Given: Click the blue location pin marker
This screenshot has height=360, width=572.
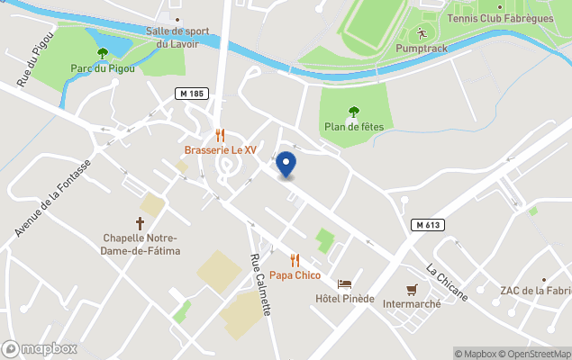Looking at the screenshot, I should pos(286,164).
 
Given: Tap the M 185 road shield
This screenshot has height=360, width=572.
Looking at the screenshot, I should pos(192,94).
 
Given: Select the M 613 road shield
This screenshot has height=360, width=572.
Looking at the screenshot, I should pos(429,224).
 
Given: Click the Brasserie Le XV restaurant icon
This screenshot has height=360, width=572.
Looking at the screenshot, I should pos(220,135).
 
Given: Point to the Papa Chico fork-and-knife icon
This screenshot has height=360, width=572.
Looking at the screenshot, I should pos(295,260).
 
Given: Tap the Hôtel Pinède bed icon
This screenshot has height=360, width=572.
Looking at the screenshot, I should pos(344,283).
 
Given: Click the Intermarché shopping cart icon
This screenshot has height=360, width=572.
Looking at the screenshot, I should pos(413,289).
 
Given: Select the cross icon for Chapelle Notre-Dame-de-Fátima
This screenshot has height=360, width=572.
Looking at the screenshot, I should pos(141,222).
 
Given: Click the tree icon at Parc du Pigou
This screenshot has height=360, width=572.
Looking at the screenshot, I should pos(103,54).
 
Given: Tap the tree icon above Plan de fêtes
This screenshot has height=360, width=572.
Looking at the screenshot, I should pos(354,112).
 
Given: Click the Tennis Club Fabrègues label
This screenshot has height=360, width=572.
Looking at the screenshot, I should pos(488,19).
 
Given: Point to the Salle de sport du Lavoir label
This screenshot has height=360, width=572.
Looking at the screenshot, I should pos(177,36).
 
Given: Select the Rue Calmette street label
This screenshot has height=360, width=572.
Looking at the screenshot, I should pos(260,284).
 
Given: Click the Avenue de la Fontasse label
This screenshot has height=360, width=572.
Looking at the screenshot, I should pos(53,199).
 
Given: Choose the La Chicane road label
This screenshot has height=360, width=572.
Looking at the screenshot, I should pos(447,282).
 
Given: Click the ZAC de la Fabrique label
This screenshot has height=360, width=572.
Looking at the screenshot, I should pos(536,290).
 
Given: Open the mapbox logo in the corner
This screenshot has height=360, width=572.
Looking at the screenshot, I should pos(40,348).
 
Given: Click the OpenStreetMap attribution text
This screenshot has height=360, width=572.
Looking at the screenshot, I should pos(538,354).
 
